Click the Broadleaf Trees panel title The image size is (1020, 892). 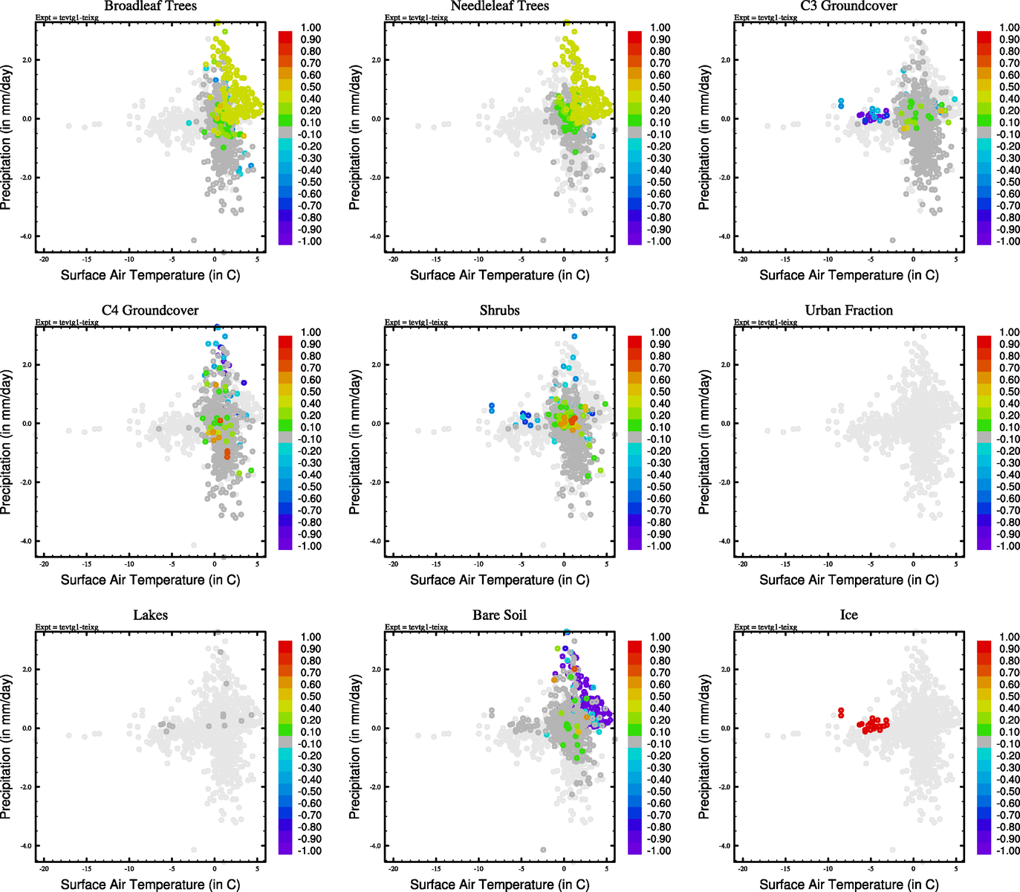click(150, 6)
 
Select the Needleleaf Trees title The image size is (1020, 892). click(499, 6)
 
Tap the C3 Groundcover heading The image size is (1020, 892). click(848, 6)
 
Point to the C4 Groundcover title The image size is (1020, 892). click(150, 311)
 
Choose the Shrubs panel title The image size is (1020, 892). click(499, 311)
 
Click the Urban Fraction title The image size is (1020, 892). click(848, 311)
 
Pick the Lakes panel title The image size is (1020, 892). click(150, 615)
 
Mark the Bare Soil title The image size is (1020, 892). click(499, 615)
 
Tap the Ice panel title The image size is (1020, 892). click(848, 615)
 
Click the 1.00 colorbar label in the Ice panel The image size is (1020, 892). click(1009, 637)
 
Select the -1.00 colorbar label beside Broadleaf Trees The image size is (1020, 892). click(309, 242)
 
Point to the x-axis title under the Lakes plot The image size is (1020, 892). click(150, 885)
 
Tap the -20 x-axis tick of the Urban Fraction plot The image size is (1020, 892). click(743, 564)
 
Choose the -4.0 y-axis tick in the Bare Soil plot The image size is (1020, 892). click(375, 846)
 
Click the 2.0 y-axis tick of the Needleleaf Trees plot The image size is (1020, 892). click(376, 60)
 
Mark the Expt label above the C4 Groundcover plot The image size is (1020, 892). click(67, 323)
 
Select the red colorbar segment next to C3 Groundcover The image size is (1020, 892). click(984, 37)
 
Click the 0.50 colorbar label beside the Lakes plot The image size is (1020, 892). click(311, 697)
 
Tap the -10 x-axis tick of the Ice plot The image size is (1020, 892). click(828, 869)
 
